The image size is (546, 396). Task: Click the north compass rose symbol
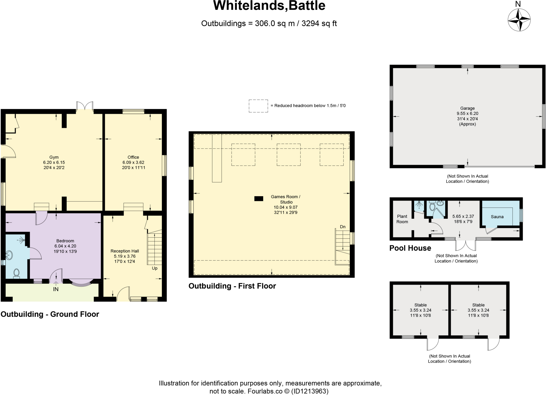519,20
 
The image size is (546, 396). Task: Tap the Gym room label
54,157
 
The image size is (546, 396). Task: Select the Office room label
133,157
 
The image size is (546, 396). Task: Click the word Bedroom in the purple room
65,241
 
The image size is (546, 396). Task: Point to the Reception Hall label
125,251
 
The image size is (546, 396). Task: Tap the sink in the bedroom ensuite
9,255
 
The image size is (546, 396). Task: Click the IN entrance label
56,289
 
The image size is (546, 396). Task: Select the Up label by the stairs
155,268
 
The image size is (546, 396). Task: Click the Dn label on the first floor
343,227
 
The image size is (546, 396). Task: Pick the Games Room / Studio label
286,199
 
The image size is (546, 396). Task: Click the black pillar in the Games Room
259,198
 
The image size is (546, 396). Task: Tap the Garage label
467,108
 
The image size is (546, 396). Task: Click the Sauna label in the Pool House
497,217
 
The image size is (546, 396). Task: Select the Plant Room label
402,219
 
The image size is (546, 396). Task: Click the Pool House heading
410,248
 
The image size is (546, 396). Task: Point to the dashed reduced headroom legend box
258,106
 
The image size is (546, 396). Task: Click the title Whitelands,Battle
269,6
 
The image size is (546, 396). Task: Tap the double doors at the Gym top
85,106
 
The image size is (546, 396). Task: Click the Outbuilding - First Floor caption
232,286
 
